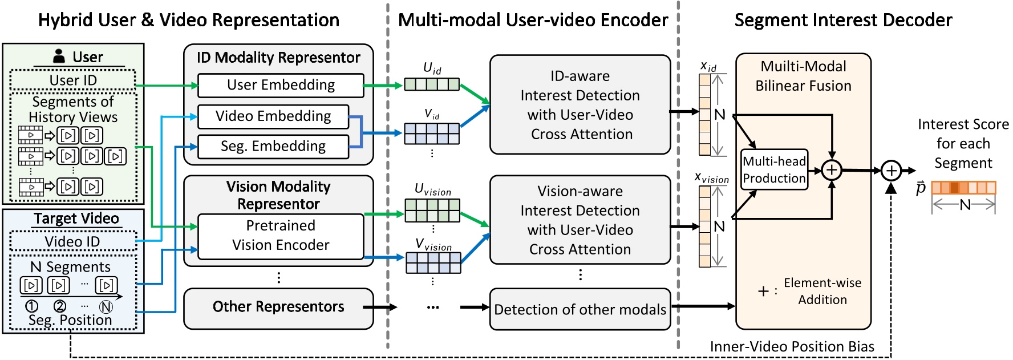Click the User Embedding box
pyautogui.click(x=281, y=85)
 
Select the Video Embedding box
pyautogui.click(x=273, y=116)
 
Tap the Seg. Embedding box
pyautogui.click(x=273, y=146)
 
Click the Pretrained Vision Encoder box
pyautogui.click(x=281, y=236)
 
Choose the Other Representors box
pyautogui.click(x=278, y=308)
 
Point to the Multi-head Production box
pyautogui.click(x=774, y=170)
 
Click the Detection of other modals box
pyautogui.click(x=580, y=309)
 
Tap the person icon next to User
pyautogui.click(x=59, y=56)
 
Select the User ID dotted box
pyautogui.click(x=73, y=80)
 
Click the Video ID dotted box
pyautogui.click(x=73, y=241)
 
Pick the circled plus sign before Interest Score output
pyautogui.click(x=891, y=170)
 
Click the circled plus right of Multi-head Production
pyautogui.click(x=832, y=169)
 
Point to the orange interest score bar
pyautogui.click(x=963, y=188)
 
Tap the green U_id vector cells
pyautogui.click(x=432, y=85)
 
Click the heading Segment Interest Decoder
pyautogui.click(x=843, y=21)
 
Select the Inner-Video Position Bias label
pyautogui.click(x=792, y=346)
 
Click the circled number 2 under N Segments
pyautogui.click(x=59, y=306)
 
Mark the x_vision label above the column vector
pyautogui.click(x=711, y=178)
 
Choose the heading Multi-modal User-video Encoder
pyautogui.click(x=533, y=21)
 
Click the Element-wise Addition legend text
pyautogui.click(x=822, y=291)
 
